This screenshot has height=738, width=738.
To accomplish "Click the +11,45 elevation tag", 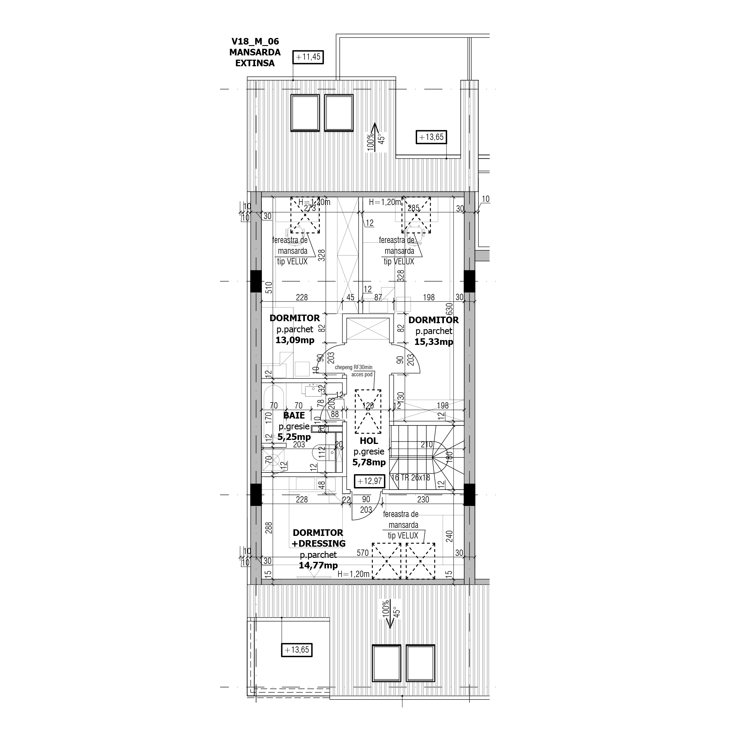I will coord(308,57).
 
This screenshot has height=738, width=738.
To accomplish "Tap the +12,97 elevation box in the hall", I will coord(369,481).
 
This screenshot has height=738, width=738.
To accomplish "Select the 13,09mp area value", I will coord(295,340).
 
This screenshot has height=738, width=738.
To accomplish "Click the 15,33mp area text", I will coord(434,342).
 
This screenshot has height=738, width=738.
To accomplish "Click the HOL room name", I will coord(369,441).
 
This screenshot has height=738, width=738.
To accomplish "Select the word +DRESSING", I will coord(319,543).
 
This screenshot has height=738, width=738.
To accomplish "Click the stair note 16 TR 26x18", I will coord(411,477).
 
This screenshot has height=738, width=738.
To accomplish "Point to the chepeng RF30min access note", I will coord(353,371).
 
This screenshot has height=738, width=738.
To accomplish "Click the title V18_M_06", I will coord(255,41).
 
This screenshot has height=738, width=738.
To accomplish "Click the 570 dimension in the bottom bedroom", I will coord(363,553).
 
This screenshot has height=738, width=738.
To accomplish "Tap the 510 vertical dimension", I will coord(269,287).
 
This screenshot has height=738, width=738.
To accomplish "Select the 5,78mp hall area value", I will coord(369,462).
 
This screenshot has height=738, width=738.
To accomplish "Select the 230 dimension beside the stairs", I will coord(423,499).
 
